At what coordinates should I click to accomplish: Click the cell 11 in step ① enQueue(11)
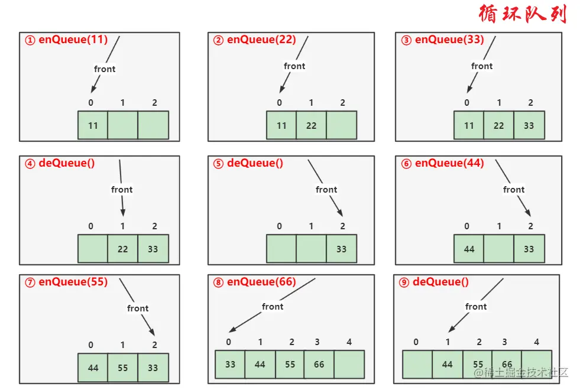[93, 125]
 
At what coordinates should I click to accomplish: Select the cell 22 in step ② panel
[311, 125]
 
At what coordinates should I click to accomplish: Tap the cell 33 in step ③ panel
[529, 125]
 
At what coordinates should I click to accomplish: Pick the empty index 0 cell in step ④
[93, 249]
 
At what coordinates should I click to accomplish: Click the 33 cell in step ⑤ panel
[341, 249]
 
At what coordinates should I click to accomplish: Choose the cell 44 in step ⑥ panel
[469, 249]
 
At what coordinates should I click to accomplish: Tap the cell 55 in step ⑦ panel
[122, 368]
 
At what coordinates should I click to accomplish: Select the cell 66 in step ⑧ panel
[319, 364]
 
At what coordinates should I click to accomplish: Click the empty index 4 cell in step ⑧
[349, 364]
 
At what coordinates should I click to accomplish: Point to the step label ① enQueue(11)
[66, 40]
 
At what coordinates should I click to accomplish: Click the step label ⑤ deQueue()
[248, 163]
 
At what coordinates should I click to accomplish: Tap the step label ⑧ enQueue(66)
[254, 282]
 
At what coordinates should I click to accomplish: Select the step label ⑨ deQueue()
[434, 282]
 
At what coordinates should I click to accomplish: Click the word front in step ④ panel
[122, 190]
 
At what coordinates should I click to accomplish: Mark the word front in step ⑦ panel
[138, 308]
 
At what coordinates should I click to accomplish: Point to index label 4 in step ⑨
[536, 342]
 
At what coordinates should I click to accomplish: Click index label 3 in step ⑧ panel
[317, 342]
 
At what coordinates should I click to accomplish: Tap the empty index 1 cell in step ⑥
[498, 249]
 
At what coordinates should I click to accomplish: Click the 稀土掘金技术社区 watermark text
[521, 372]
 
